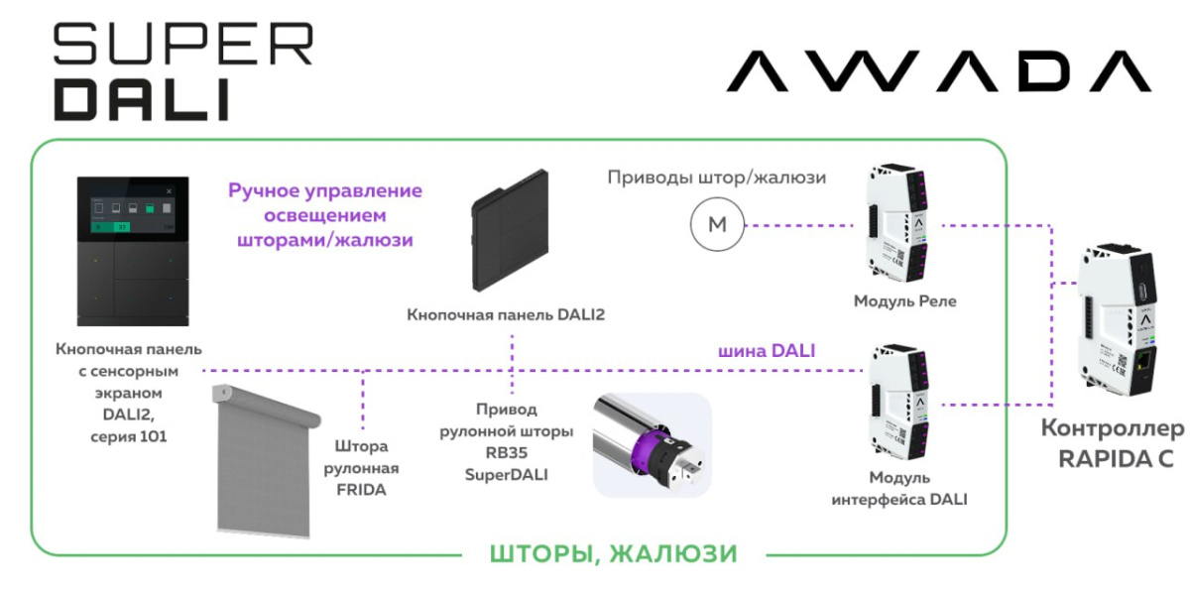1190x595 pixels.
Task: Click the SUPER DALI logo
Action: coord(182,71)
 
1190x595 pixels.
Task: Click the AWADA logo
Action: coord(937,71)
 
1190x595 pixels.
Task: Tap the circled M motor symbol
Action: coord(716,225)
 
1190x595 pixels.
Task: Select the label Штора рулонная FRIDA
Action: coord(361,467)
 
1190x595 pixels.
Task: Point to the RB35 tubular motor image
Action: coord(652,444)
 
